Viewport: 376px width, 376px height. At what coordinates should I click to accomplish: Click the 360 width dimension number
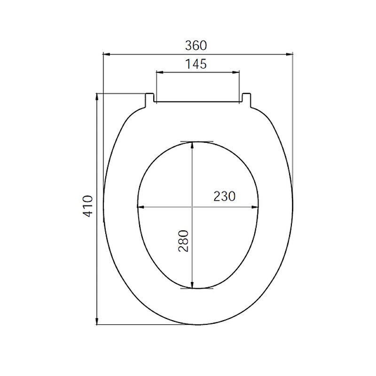[196, 45]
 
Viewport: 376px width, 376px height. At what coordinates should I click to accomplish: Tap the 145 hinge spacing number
[196, 64]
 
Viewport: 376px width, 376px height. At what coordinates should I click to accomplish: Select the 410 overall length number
[88, 206]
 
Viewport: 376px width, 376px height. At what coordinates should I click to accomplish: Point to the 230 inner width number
[225, 196]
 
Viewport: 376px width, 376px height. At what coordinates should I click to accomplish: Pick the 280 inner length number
[183, 241]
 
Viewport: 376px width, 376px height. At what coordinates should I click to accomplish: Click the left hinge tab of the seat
[149, 100]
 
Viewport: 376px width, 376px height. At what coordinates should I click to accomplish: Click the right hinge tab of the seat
[246, 100]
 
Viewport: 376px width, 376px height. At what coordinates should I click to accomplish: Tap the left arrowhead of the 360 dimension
[107, 54]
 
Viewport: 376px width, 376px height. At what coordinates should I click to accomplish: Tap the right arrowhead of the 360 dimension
[290, 54]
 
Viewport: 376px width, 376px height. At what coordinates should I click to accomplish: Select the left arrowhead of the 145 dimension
[160, 72]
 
